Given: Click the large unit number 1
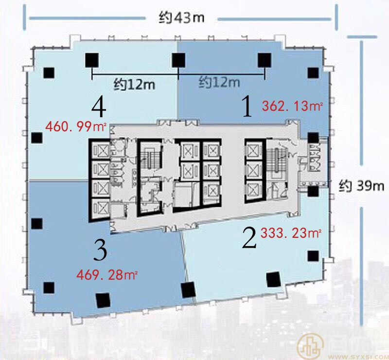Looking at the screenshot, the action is click(x=247, y=107).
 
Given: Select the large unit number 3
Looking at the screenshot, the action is click(x=100, y=251).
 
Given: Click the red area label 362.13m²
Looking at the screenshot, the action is click(x=293, y=107).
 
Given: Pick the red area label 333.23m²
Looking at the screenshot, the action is click(x=291, y=234).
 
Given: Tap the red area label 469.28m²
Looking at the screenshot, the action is click(x=107, y=275).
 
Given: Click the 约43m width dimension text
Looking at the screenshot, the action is click(x=181, y=18).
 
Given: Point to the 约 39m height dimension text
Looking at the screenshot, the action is click(x=361, y=186).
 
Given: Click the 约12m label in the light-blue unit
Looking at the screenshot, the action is click(x=134, y=85).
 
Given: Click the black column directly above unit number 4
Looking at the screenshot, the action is click(x=92, y=60).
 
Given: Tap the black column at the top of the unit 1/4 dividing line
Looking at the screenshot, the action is click(x=178, y=60).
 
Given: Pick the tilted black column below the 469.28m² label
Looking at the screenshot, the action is click(x=103, y=300).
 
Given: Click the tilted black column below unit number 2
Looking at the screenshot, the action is click(x=273, y=279).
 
